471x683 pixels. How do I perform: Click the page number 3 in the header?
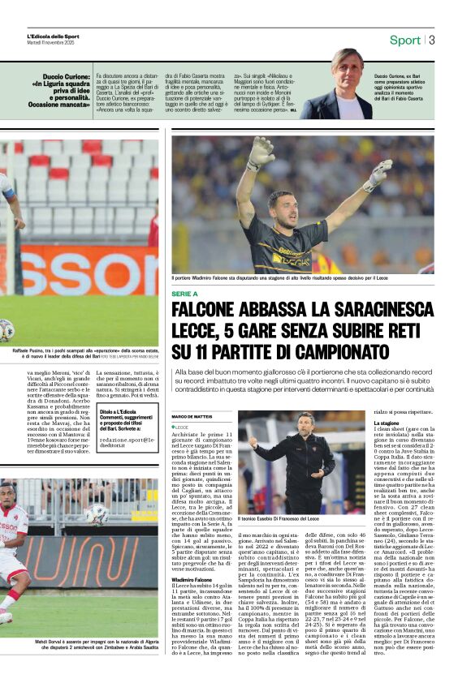click(432, 40)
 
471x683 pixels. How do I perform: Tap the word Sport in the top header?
click(405, 40)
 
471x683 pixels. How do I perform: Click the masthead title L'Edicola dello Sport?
click(54, 37)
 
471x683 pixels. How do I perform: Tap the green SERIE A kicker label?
click(185, 294)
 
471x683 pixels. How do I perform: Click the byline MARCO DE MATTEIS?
click(191, 416)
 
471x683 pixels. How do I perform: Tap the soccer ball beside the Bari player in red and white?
click(97, 513)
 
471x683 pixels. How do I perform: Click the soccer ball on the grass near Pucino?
click(6, 329)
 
